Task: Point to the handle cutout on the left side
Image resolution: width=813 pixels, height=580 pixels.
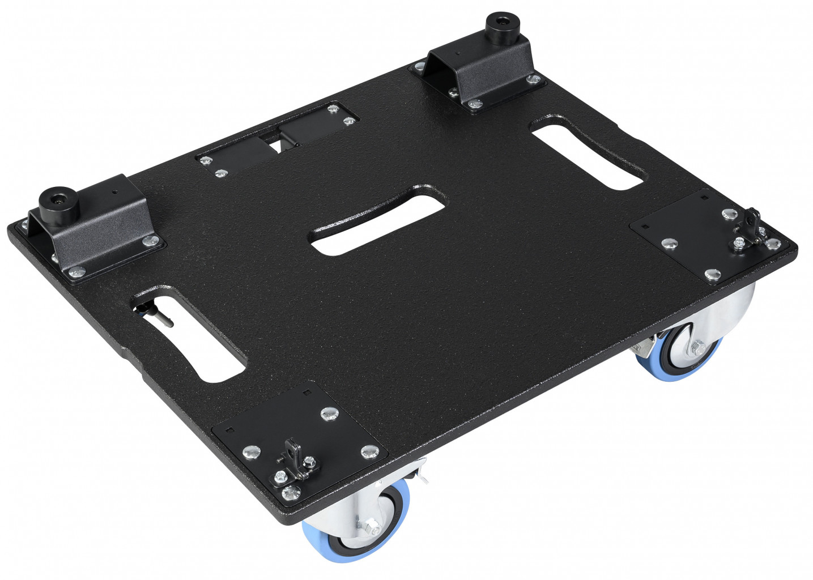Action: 190,331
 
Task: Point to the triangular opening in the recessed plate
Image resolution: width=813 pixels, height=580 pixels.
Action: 276,145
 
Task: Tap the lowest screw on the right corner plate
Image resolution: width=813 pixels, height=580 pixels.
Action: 713,275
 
